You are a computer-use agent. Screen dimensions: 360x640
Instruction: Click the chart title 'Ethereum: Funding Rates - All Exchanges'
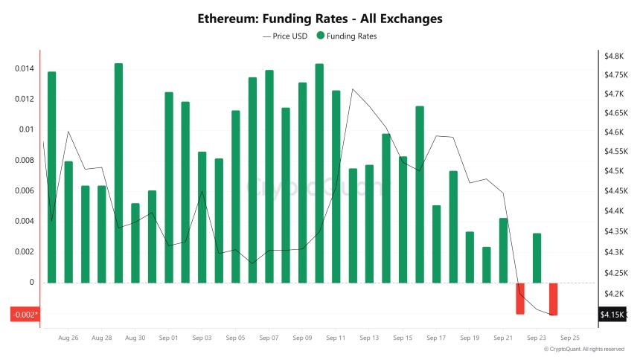click(x=319, y=17)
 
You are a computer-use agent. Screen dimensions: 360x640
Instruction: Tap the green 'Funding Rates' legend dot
click(x=320, y=36)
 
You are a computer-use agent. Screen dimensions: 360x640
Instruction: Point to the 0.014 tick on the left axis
click(x=25, y=69)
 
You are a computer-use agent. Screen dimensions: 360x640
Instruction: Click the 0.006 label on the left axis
click(x=25, y=191)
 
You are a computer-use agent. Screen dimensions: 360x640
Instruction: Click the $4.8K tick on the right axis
click(x=613, y=57)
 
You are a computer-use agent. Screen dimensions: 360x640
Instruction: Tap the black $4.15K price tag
click(x=612, y=315)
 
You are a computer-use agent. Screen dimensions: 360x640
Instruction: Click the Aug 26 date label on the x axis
click(x=68, y=338)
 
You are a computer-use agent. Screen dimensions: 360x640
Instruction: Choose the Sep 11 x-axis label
click(x=336, y=338)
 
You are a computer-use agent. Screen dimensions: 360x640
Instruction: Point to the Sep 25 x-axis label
click(x=570, y=338)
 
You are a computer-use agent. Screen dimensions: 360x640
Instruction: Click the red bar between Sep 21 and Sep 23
click(x=520, y=298)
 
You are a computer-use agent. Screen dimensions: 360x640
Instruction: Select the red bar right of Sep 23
click(x=554, y=299)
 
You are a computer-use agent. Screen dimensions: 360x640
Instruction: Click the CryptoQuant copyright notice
click(x=583, y=349)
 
